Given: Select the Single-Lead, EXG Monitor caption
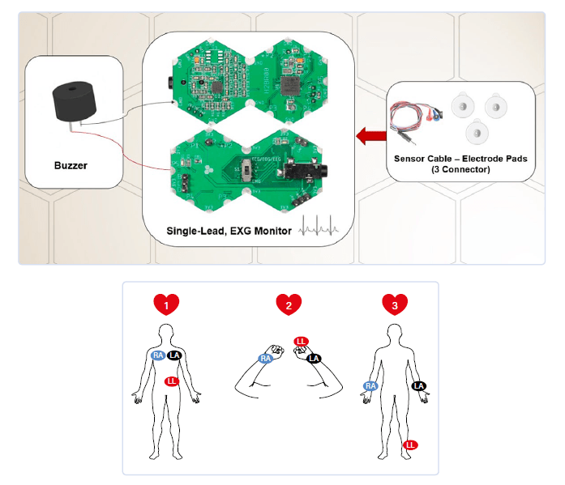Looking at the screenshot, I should click(229, 231).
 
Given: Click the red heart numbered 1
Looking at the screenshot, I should click(166, 304).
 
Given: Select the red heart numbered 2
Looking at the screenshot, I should click(288, 304).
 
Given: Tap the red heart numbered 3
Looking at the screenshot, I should click(395, 304).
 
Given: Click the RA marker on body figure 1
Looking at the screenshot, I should click(157, 355).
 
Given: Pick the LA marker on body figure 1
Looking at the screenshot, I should click(174, 355).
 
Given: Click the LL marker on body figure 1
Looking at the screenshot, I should click(171, 381).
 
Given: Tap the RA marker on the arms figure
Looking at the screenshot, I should click(265, 358).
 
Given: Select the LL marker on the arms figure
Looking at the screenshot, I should click(301, 342).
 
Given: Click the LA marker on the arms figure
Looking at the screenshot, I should click(315, 358).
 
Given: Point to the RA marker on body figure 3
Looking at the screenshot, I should click(370, 386).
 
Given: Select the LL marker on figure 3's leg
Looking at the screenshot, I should click(410, 445).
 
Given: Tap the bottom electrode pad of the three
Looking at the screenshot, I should click(476, 130).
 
